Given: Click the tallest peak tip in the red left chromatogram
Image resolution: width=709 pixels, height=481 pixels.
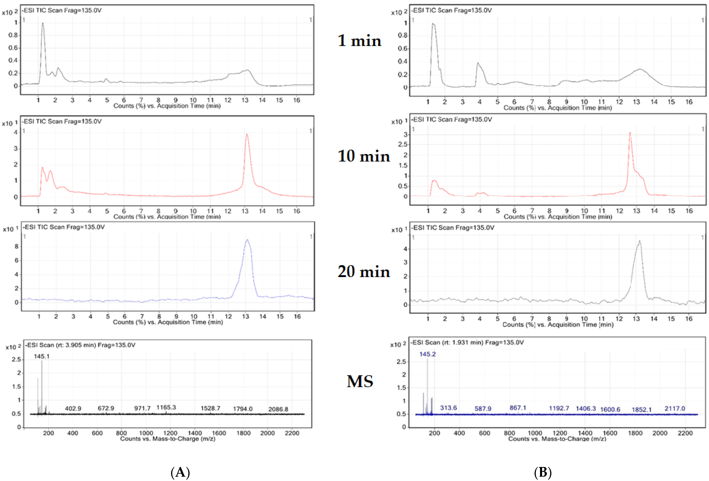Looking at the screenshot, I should [247, 134].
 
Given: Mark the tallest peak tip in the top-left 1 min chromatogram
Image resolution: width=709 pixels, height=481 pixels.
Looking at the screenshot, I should [43, 23].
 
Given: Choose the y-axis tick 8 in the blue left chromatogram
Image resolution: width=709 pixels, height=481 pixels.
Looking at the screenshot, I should [16, 246].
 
